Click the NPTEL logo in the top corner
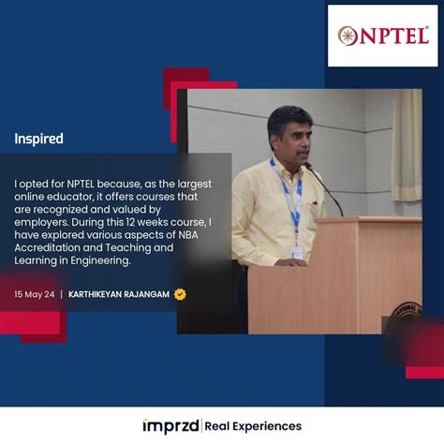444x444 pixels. (x=382, y=36)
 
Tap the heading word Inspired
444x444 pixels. (x=38, y=139)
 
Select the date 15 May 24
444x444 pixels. (x=34, y=294)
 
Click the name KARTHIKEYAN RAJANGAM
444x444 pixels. (x=119, y=294)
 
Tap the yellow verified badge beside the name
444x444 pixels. (x=180, y=294)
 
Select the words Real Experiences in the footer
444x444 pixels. (x=254, y=426)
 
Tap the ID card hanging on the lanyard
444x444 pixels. (x=297, y=252)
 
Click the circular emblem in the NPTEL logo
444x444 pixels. (x=348, y=36)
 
